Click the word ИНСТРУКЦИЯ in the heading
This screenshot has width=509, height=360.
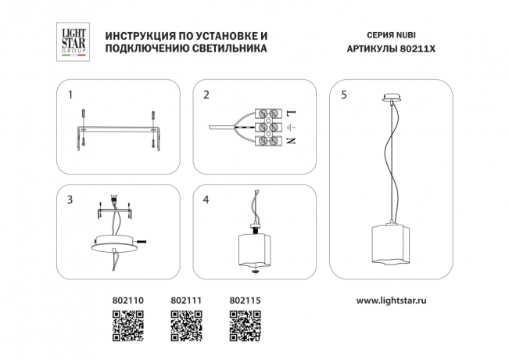pos(141,36)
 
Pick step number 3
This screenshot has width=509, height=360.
pos(70,200)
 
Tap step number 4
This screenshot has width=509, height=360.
pos(206,200)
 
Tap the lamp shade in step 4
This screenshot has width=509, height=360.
pos(256,249)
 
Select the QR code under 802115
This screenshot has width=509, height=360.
pos(245,326)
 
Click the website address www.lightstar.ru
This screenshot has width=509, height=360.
pos(396,301)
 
